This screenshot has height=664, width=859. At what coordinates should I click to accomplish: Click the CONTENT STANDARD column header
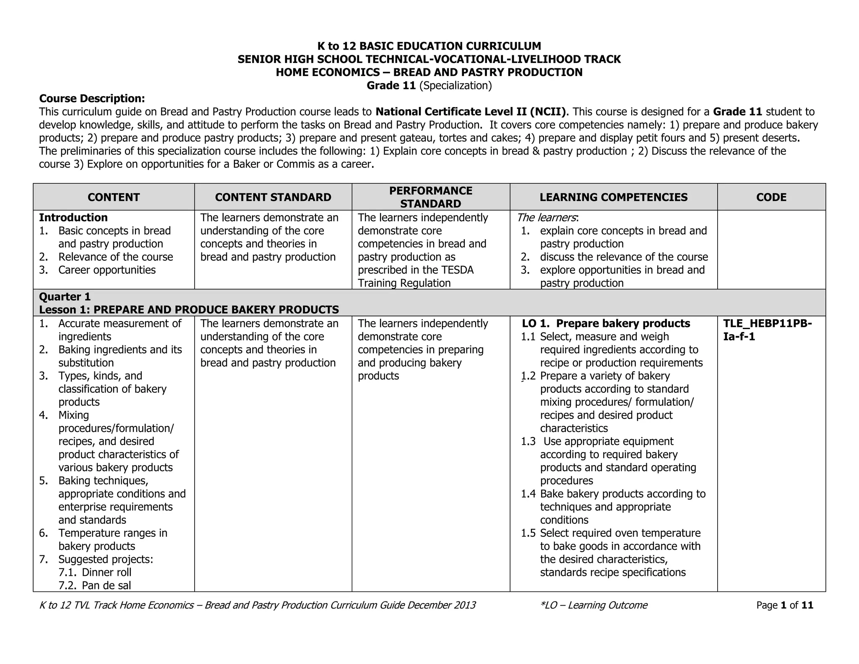pos(273,197)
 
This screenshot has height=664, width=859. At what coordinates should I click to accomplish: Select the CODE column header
pos(771,197)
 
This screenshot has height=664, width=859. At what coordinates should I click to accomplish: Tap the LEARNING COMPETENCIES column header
pos(613,197)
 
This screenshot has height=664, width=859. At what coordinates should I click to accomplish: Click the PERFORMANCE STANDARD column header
pos(431,197)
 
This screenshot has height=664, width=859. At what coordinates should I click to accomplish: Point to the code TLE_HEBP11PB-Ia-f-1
pos(767,330)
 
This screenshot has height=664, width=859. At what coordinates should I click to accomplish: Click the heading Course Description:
pos(92,99)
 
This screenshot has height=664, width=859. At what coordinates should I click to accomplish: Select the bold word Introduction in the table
pos(73,217)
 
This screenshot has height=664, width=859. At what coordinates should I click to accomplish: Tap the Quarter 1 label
pos(65,297)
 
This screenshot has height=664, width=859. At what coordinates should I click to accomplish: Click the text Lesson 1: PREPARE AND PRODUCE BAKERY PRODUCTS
pos(189,310)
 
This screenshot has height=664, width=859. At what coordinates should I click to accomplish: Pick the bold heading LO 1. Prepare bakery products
pos(606,324)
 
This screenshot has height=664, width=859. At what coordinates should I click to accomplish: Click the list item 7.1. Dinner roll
pos(95,573)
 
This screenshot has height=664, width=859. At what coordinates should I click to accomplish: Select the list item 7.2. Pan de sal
pos(95,586)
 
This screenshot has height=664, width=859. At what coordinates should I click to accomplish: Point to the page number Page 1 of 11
pos(784,605)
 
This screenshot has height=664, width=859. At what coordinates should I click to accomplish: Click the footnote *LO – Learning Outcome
pos(594,605)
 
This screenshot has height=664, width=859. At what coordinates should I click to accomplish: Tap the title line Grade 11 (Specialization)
pos(429,86)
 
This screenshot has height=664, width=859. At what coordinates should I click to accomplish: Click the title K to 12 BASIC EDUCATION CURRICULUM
pos(429,46)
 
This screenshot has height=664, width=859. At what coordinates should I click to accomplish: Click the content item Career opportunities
pos(107,270)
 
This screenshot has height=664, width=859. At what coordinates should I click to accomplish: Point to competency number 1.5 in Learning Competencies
pos(528,533)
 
